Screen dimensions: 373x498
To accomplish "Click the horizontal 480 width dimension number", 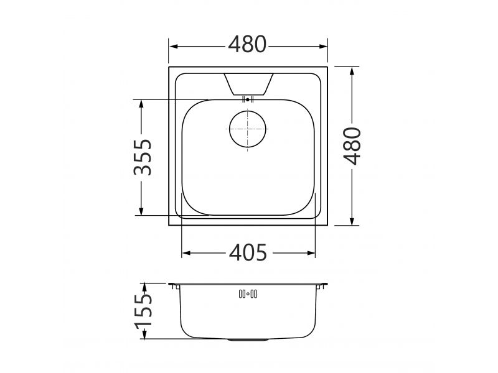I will pyautogui.click(x=247, y=44).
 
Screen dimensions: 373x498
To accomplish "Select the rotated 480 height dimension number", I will pyautogui.click(x=352, y=145).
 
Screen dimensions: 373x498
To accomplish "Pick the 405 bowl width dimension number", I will pyautogui.click(x=247, y=252).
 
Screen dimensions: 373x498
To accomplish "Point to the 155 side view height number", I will pyautogui.click(x=144, y=311).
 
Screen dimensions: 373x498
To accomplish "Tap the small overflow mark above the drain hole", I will pyautogui.click(x=248, y=99).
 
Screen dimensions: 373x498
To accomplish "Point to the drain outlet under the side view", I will pyautogui.click(x=248, y=340).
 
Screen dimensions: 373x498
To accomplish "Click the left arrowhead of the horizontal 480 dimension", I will pyautogui.click(x=174, y=46).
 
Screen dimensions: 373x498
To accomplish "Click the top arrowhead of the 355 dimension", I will pyautogui.click(x=143, y=103).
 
